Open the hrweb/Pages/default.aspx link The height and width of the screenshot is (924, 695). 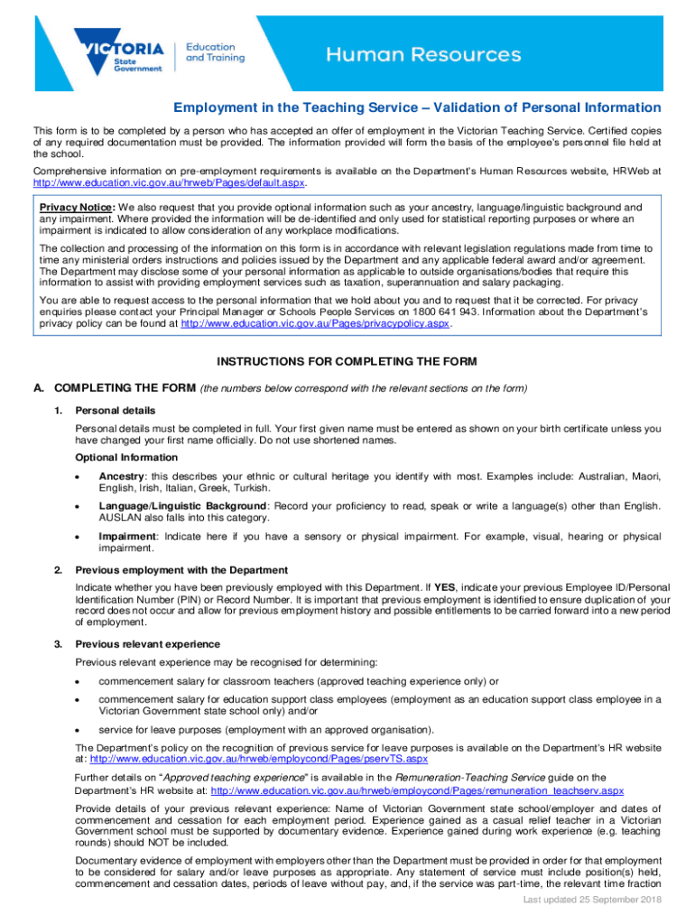coord(170,182)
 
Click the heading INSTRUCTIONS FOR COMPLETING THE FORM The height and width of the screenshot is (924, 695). coord(347,362)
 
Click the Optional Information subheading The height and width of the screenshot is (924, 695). coord(126,457)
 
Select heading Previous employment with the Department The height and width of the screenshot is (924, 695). coord(181,570)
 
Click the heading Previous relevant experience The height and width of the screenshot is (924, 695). coord(148,644)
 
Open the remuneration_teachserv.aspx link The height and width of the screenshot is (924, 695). coord(415,790)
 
